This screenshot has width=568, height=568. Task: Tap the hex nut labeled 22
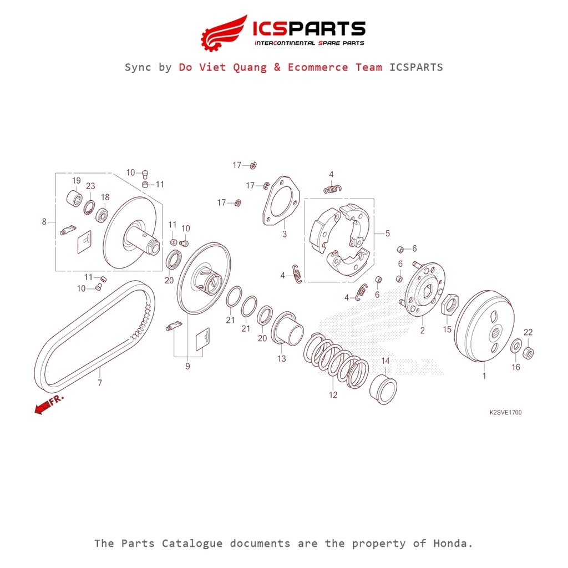(x=529, y=351)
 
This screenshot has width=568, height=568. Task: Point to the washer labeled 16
(x=515, y=347)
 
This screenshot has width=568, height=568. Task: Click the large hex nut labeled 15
(x=449, y=304)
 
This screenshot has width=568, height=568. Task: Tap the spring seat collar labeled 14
(x=384, y=389)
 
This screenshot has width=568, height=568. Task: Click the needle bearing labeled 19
(x=75, y=197)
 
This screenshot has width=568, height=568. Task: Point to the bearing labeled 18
(x=103, y=215)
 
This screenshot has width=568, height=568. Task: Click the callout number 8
(x=44, y=222)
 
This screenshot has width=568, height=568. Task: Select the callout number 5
(x=387, y=234)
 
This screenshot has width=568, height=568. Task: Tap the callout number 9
(x=187, y=367)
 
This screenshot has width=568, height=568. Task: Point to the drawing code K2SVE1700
(x=505, y=413)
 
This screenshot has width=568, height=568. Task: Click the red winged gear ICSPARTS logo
(x=225, y=32)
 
